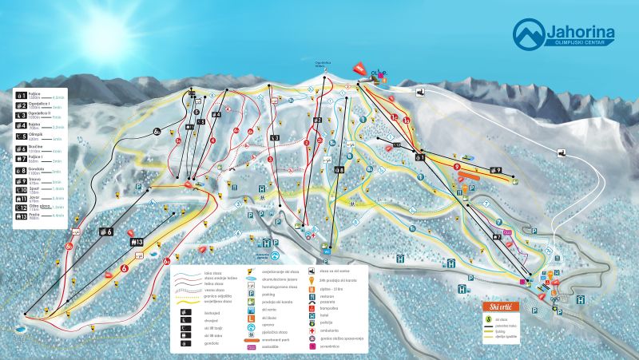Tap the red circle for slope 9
pyautogui.click(x=457, y=167)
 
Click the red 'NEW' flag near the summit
pyautogui.click(x=362, y=69)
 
